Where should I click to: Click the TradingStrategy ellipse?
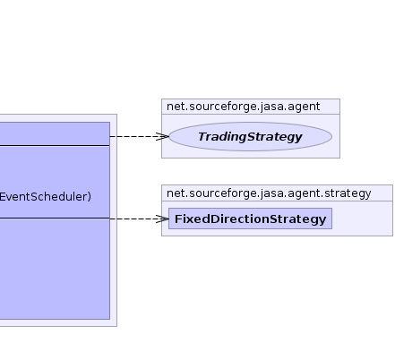[250, 136]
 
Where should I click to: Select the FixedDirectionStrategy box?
[250, 219]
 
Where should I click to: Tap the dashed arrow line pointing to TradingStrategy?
[140, 136]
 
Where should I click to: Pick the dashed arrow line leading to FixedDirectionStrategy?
[140, 219]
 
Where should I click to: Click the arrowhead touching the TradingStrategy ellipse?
[162, 136]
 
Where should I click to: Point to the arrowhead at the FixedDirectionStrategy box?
[162, 219]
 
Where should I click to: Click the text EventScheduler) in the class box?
[46, 197]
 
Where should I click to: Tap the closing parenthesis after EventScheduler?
[90, 197]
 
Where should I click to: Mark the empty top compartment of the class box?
[55, 133]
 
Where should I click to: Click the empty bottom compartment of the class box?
[55, 269]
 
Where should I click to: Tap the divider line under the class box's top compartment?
[55, 146]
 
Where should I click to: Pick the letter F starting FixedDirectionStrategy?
[178, 219]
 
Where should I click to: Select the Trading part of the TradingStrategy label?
[222, 137]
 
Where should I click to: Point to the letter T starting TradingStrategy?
[202, 136]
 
